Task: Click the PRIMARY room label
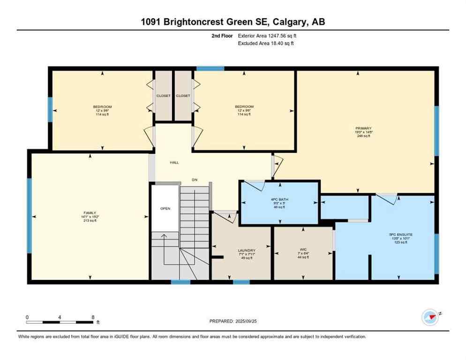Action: click(x=363, y=128)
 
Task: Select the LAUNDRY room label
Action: click(x=246, y=250)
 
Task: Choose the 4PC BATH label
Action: click(x=279, y=199)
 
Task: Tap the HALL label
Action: click(x=174, y=163)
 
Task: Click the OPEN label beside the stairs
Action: click(x=165, y=209)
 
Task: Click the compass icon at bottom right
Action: click(x=430, y=317)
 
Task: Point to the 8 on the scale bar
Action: click(x=93, y=317)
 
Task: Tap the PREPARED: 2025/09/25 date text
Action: click(x=233, y=321)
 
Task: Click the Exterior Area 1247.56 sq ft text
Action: click(x=267, y=36)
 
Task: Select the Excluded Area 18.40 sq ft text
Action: click(x=266, y=43)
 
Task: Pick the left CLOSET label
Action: click(x=164, y=96)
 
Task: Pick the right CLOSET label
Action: click(x=183, y=96)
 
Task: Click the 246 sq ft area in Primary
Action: click(x=363, y=136)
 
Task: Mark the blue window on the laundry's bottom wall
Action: click(x=241, y=282)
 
